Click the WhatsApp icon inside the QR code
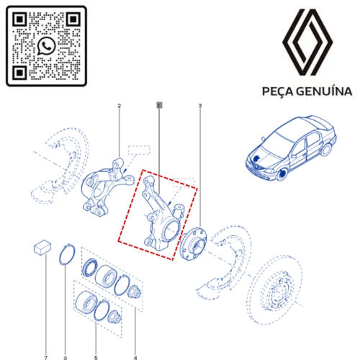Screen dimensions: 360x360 coord(46,46)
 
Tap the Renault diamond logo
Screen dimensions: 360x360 coord(307,42)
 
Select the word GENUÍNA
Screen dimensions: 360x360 coord(324,91)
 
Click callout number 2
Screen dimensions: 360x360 coord(120,106)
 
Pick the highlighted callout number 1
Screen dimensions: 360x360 coord(159,105)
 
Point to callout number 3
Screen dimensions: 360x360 coord(200,106)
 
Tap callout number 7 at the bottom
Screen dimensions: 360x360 coord(46,358)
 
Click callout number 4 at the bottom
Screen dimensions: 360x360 coord(135,358)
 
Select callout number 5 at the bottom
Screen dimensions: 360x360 coord(96,358)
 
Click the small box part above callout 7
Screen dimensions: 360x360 coord(42,247)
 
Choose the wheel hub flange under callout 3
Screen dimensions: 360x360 coord(193,243)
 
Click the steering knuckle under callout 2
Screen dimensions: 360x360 coord(106,187)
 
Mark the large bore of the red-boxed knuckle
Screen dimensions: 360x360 coord(171,230)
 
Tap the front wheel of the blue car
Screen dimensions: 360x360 coord(283,174)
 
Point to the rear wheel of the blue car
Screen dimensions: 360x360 coord(326,149)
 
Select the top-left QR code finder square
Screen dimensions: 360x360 coord(19,19)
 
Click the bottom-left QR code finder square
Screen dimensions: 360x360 coord(19,73)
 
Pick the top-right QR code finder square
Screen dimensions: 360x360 coord(73,19)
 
